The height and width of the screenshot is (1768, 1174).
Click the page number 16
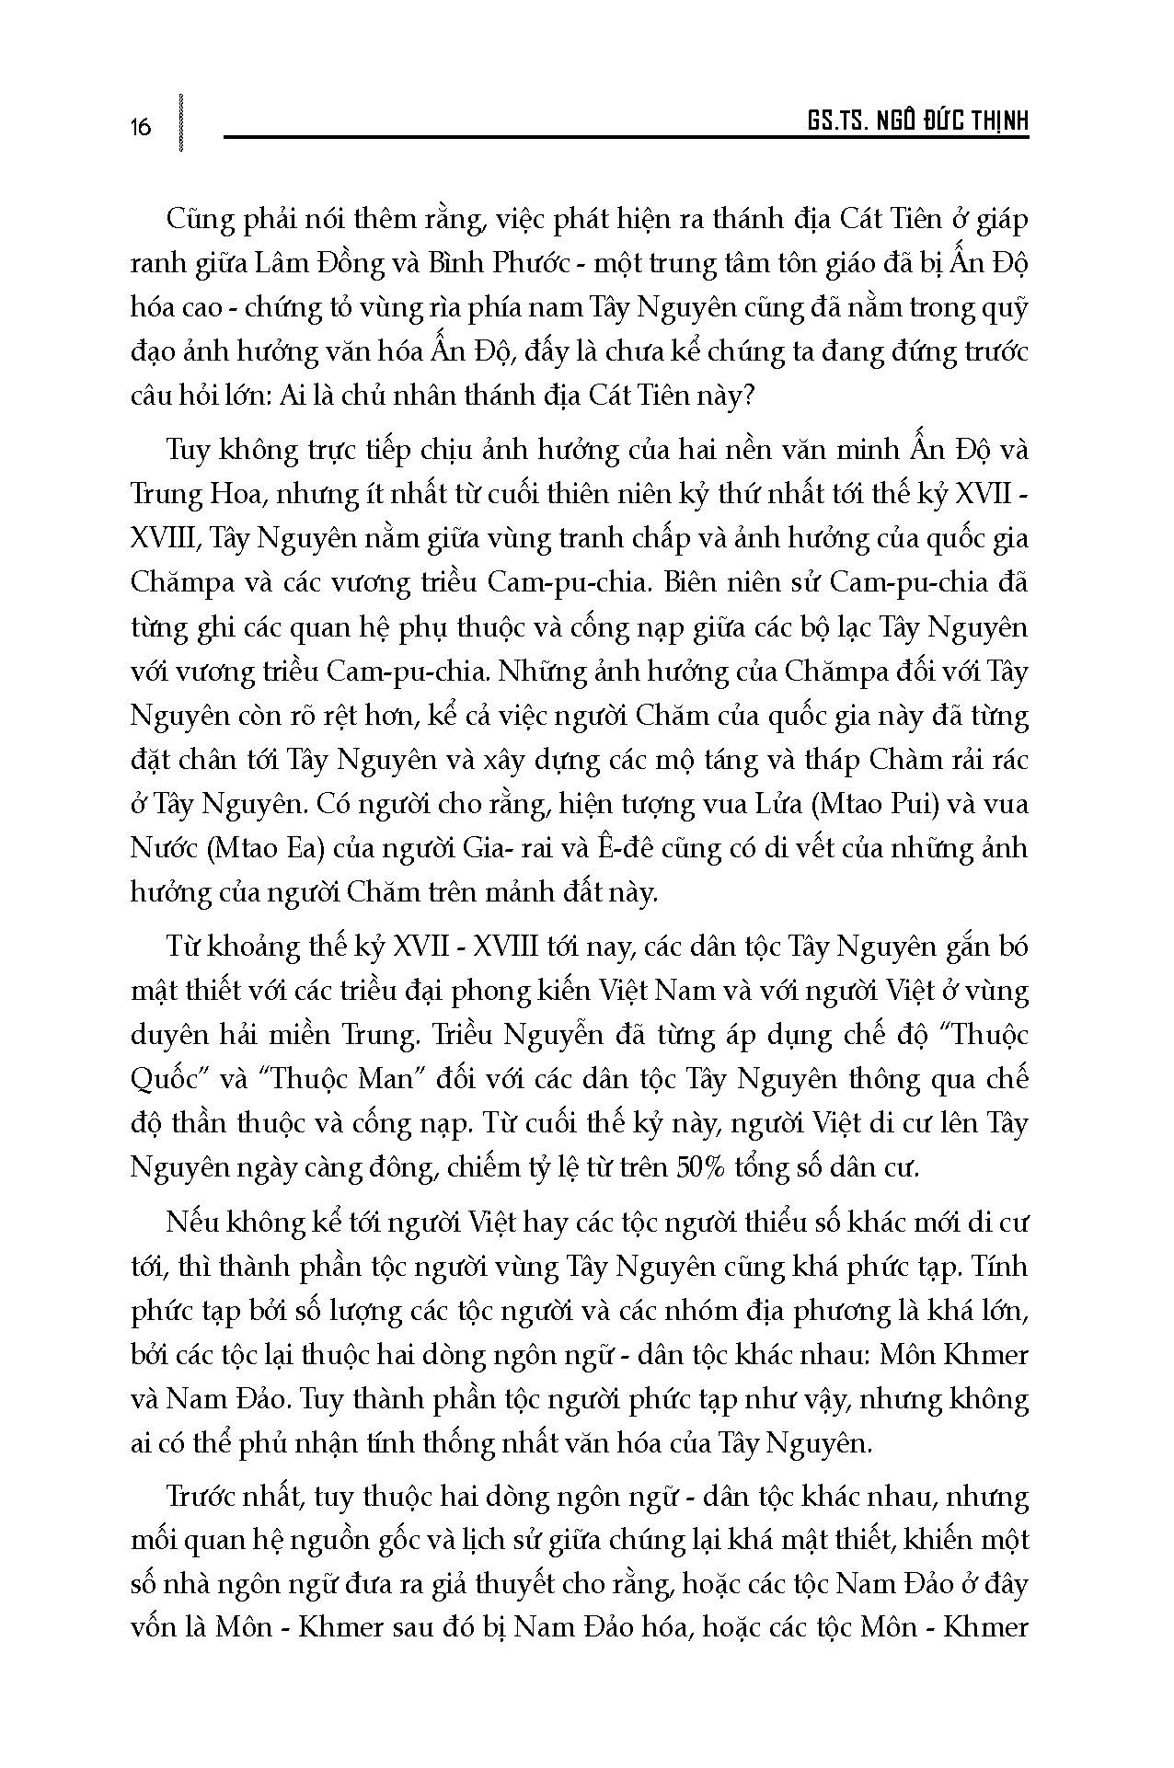click(x=141, y=126)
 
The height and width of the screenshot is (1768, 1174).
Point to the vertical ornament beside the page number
click(x=180, y=121)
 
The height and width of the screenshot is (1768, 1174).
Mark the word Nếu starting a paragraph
click(x=192, y=1223)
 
